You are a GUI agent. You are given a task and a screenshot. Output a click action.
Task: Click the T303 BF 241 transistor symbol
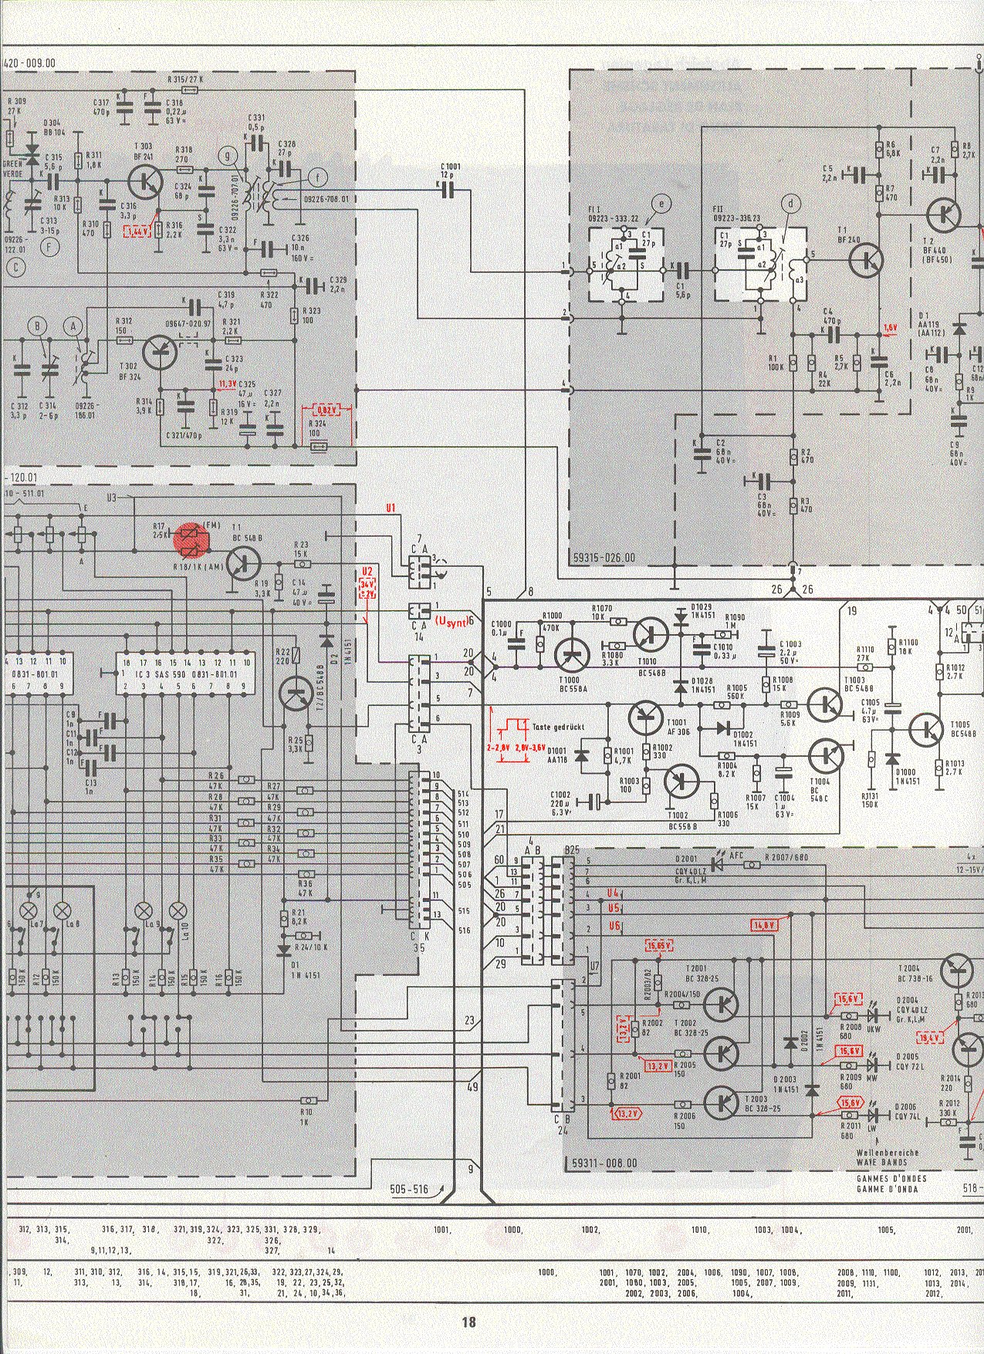pos(144,181)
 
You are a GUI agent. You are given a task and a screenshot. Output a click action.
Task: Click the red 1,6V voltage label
pos(891,327)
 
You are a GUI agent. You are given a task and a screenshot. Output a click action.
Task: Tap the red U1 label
pos(391,508)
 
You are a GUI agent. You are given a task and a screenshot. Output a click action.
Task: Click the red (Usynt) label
pos(452,622)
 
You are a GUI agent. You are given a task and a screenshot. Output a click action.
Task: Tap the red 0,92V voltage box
pos(326,412)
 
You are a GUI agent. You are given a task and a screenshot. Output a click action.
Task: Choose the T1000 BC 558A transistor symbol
pos(572,654)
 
